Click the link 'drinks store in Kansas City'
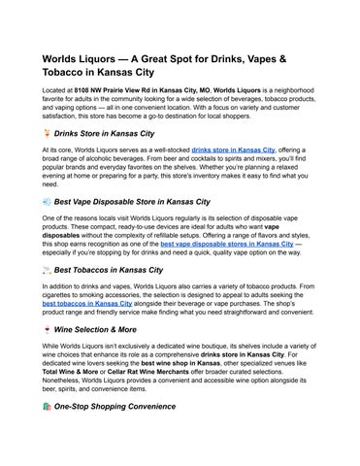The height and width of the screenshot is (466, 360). (x=233, y=150)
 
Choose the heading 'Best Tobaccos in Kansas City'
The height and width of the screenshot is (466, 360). (x=108, y=269)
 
